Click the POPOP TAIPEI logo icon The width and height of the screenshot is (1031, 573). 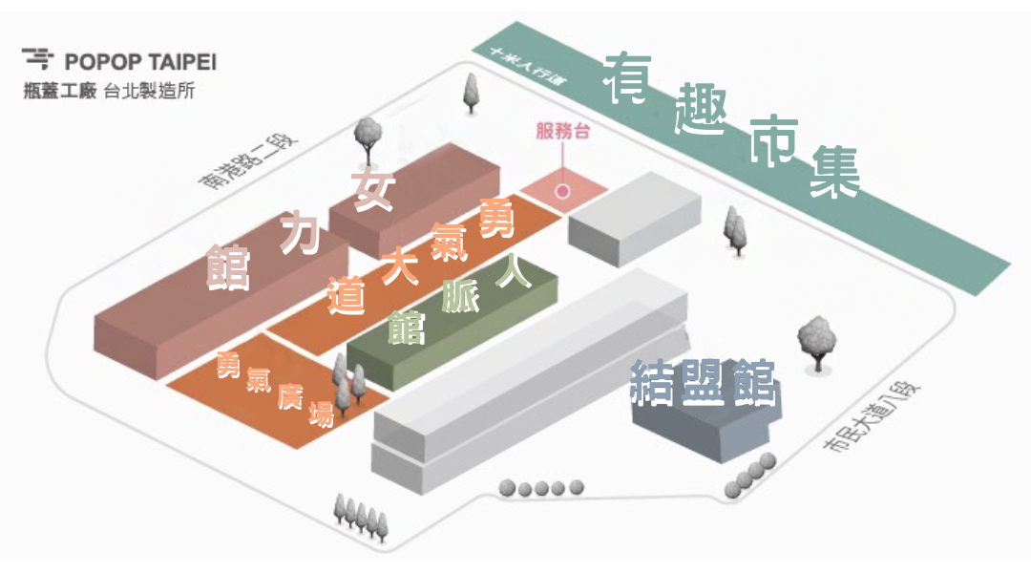click(37, 59)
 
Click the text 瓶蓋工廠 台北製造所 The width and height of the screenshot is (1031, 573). click(111, 92)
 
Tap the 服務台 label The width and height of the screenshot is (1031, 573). click(562, 133)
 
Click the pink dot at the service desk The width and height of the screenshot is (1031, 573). click(563, 191)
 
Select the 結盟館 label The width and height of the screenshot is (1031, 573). click(703, 383)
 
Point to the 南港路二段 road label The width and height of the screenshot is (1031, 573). click(255, 160)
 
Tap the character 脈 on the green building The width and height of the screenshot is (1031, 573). click(462, 297)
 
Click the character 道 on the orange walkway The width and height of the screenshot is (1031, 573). click(347, 296)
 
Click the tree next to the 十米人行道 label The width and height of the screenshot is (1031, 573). click(471, 89)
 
